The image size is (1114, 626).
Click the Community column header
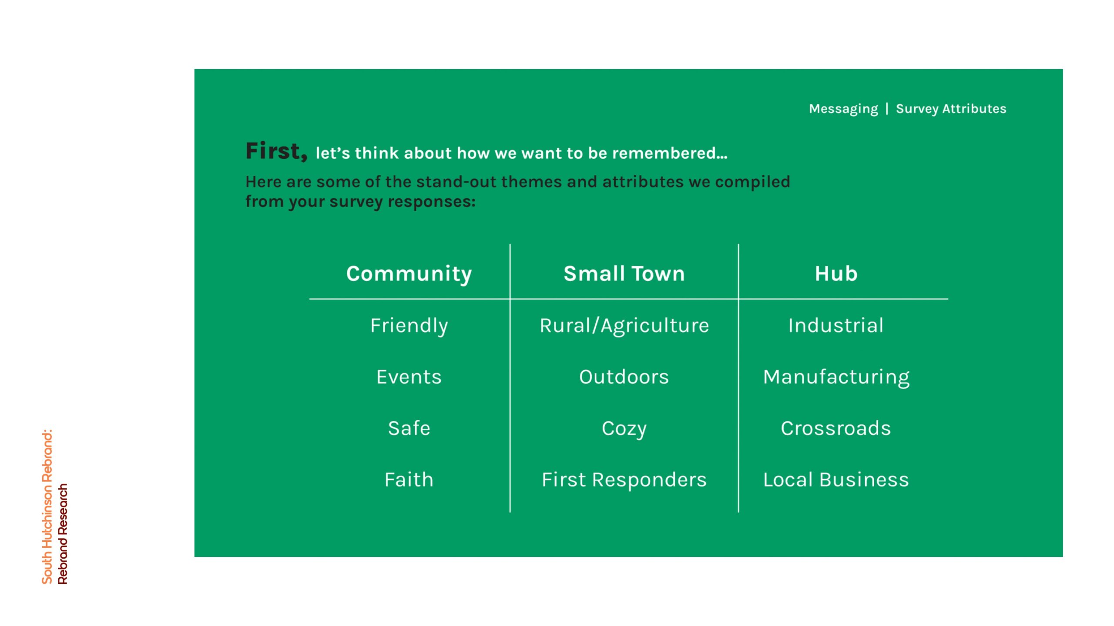(x=409, y=274)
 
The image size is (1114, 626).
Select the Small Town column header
(x=624, y=274)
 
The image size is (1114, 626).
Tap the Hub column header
(x=836, y=274)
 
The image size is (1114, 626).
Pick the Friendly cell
(x=409, y=326)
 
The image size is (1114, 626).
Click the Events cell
(x=409, y=377)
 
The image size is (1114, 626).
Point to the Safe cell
(x=409, y=428)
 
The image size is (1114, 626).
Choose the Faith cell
(x=409, y=479)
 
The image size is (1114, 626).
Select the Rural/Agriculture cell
(x=624, y=326)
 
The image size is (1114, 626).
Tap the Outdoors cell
(x=624, y=377)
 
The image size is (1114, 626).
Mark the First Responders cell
(x=624, y=480)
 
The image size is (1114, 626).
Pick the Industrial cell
(x=836, y=326)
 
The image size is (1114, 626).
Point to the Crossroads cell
(x=836, y=428)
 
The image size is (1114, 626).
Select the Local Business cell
(x=836, y=479)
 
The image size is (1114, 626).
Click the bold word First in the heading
(x=276, y=151)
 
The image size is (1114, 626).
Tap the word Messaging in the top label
(x=843, y=109)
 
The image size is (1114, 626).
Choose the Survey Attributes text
(x=951, y=109)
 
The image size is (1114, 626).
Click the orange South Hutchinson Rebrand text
(x=47, y=507)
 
